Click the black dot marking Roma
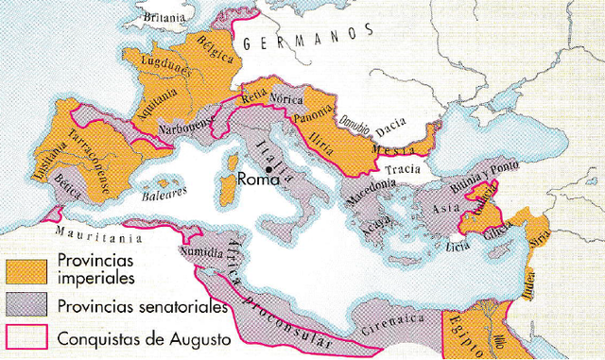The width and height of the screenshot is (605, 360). tap(269, 170)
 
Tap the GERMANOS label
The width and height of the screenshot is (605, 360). tap(294, 41)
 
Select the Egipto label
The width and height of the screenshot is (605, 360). tap(465, 334)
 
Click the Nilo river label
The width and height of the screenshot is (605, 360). tap(494, 333)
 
